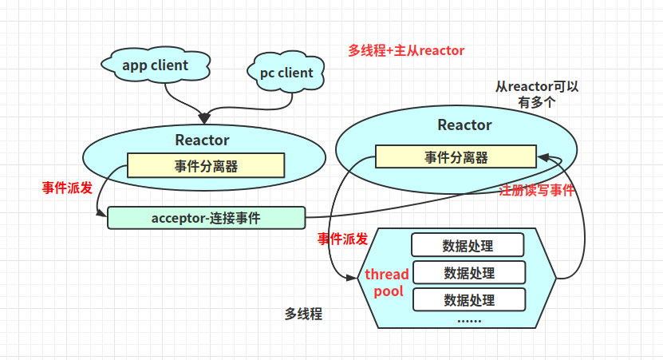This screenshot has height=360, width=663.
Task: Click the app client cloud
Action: (156, 65)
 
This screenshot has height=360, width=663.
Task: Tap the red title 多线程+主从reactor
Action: (406, 50)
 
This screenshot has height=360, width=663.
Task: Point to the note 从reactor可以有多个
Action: (537, 94)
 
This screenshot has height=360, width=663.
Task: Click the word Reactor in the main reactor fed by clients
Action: (203, 140)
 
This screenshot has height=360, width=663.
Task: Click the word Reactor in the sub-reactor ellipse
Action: (464, 125)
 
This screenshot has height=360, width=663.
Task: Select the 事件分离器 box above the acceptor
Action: (206, 166)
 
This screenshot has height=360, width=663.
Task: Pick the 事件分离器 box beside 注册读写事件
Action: (456, 157)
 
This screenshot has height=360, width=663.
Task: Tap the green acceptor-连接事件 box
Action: (206, 217)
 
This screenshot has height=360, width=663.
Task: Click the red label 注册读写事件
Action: (536, 191)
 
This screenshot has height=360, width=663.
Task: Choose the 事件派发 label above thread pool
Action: (342, 239)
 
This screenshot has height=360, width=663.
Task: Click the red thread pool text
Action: (387, 283)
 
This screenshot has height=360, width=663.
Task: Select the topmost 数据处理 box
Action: (468, 244)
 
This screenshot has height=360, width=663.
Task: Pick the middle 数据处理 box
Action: (468, 272)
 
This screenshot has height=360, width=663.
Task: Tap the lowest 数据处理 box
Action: (468, 299)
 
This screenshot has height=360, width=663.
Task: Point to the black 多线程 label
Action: (303, 314)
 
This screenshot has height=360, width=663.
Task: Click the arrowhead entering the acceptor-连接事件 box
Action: (103, 216)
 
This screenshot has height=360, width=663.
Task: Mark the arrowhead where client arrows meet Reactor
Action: (204, 118)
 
